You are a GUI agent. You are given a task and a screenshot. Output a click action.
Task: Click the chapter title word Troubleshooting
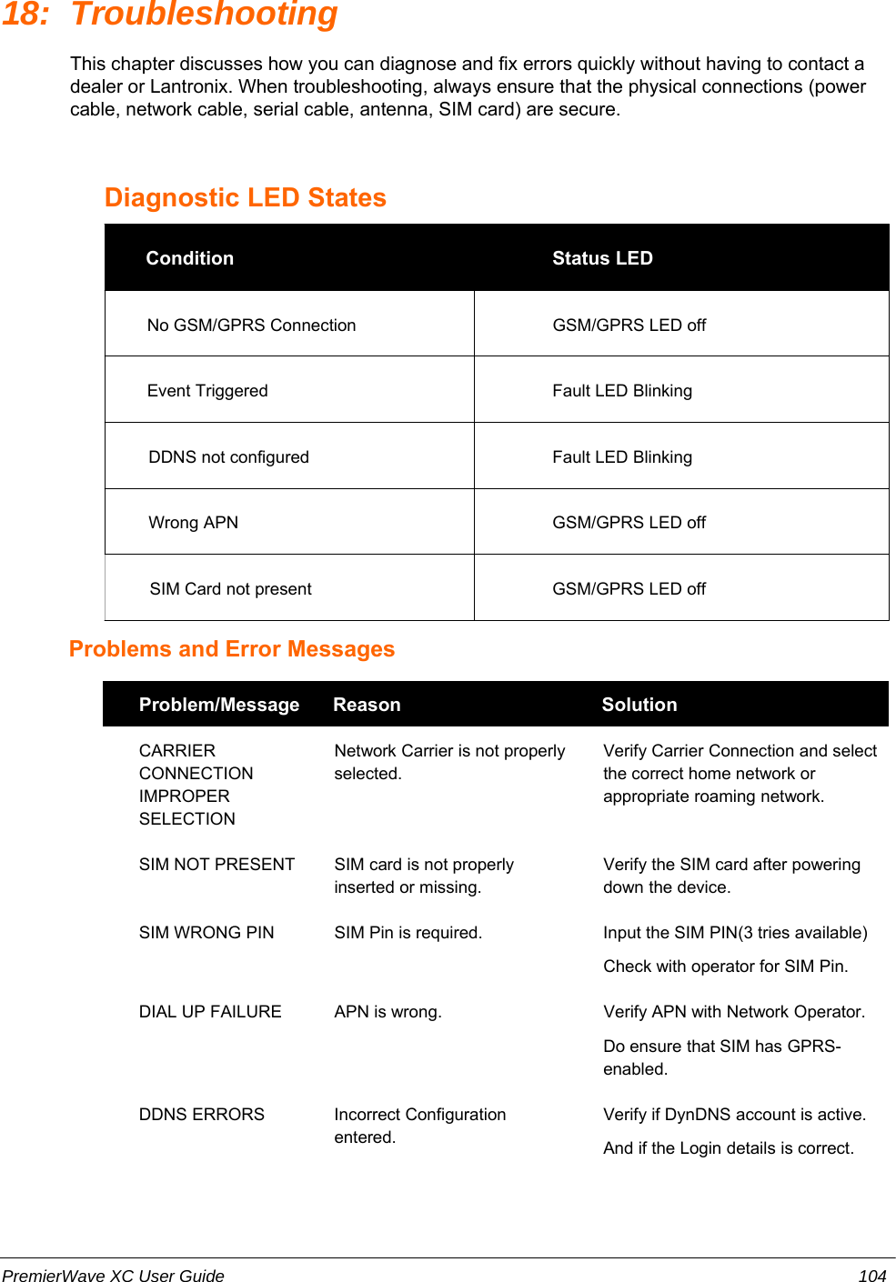click(x=204, y=15)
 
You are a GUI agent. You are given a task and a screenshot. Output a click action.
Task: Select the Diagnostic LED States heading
click(x=246, y=197)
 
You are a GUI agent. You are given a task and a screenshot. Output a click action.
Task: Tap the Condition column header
click(x=189, y=258)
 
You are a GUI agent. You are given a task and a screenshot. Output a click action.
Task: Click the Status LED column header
click(x=602, y=258)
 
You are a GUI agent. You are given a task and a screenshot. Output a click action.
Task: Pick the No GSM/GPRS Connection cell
click(x=251, y=326)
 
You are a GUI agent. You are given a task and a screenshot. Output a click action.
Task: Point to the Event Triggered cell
click(x=207, y=391)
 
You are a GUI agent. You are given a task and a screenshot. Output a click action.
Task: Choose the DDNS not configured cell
click(x=228, y=457)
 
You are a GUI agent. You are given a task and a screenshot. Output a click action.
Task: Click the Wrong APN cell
click(x=193, y=523)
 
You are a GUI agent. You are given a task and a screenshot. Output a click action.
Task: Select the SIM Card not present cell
click(x=230, y=589)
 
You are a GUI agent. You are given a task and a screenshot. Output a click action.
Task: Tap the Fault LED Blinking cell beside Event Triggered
click(x=622, y=391)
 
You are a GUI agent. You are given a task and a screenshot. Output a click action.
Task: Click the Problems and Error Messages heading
click(x=232, y=649)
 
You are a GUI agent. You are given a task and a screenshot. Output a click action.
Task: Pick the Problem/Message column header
click(x=218, y=705)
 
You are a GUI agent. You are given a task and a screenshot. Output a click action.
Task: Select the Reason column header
click(x=367, y=705)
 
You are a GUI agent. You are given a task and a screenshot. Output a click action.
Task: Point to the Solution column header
click(x=639, y=705)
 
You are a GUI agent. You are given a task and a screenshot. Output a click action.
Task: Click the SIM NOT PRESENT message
click(x=216, y=865)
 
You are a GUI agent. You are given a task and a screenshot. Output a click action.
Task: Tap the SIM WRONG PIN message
click(x=206, y=933)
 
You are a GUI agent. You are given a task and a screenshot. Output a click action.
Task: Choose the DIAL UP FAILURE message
click(x=210, y=1012)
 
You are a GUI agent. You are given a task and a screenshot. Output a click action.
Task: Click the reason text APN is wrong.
click(x=388, y=1012)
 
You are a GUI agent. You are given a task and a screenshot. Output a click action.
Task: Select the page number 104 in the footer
click(x=872, y=1276)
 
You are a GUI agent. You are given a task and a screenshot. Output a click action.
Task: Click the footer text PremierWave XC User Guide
click(x=113, y=1276)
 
